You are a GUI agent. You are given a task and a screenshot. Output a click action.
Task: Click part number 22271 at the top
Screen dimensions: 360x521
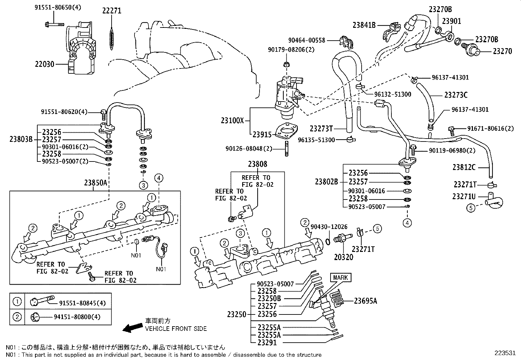click(x=112, y=11)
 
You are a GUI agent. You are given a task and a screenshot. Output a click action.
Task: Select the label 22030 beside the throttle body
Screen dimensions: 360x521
click(x=45, y=65)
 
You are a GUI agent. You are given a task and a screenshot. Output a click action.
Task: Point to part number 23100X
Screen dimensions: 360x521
click(x=232, y=120)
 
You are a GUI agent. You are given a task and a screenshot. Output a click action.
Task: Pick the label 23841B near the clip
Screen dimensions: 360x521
click(x=364, y=25)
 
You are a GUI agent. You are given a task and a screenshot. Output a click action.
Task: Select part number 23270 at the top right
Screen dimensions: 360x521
click(x=502, y=51)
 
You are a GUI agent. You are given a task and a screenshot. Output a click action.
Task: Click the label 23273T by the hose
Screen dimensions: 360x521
click(x=321, y=128)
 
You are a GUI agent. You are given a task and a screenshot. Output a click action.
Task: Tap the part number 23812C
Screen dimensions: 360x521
click(x=464, y=167)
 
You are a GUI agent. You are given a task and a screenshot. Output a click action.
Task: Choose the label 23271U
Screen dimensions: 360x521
click(x=464, y=196)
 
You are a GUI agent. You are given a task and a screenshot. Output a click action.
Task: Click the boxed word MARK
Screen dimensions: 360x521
click(x=340, y=278)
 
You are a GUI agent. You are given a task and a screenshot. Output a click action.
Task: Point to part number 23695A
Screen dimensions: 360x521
click(x=366, y=300)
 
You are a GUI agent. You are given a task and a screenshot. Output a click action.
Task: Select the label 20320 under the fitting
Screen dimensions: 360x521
click(x=344, y=257)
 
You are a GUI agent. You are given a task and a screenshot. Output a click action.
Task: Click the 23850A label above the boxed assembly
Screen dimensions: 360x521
click(x=96, y=183)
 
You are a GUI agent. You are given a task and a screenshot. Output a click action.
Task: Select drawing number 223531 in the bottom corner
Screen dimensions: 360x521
click(x=505, y=353)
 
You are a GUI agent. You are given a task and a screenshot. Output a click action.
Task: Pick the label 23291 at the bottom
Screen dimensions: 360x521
click(x=267, y=343)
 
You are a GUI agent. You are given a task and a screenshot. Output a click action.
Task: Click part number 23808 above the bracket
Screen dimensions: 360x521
click(x=257, y=164)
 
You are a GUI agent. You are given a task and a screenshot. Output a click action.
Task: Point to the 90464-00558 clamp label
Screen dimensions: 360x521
click(x=307, y=40)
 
